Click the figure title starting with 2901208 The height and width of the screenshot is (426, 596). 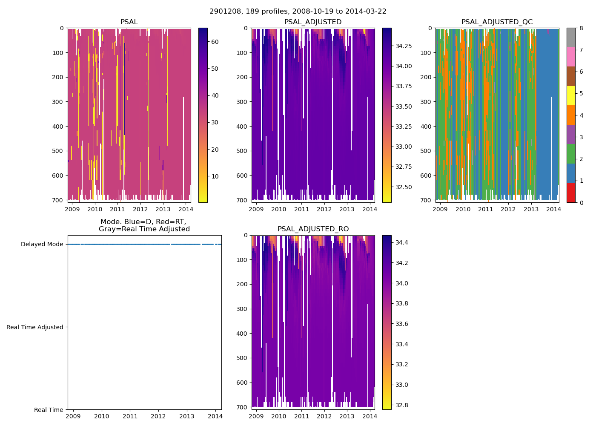(298, 12)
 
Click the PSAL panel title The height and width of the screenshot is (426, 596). (129, 22)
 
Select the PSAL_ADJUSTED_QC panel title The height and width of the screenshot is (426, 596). (497, 22)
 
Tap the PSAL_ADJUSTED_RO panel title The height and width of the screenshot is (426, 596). (313, 229)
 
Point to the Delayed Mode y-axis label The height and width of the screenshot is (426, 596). (42, 245)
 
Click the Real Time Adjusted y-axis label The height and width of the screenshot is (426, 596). (35, 327)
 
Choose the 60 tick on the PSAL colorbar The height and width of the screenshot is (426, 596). (215, 42)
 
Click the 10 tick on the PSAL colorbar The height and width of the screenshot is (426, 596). (215, 176)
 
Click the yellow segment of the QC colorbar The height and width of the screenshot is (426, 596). (571, 96)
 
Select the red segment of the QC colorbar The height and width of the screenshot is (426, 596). (571, 193)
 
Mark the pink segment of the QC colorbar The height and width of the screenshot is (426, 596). (571, 57)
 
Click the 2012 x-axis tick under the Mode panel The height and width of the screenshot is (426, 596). (158, 416)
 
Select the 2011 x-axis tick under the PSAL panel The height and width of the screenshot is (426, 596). (117, 209)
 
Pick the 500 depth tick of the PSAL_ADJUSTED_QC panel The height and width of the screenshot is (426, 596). (426, 151)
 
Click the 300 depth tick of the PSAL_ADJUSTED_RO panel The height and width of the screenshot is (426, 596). (242, 309)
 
